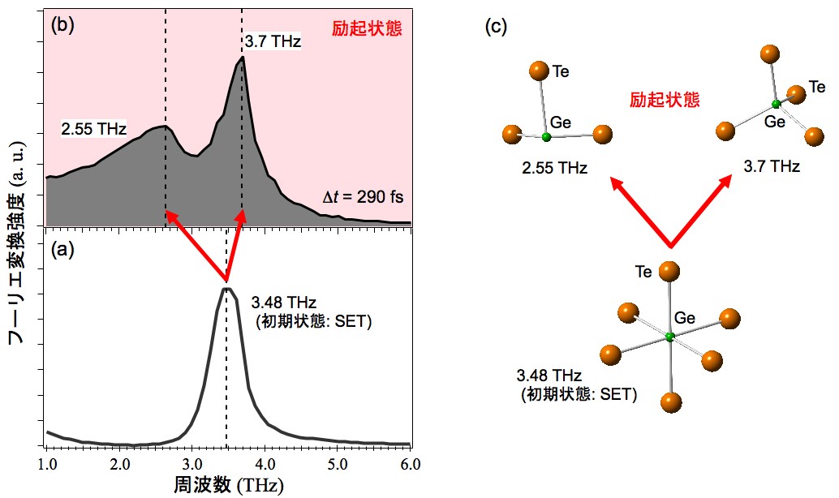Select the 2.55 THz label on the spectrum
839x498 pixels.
coord(94,128)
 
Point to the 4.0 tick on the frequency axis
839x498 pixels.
coord(265,464)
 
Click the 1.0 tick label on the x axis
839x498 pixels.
coord(49,464)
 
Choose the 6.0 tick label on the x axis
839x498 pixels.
coord(409,464)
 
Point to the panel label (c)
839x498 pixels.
coord(496,27)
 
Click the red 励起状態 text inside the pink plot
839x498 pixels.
coord(367,29)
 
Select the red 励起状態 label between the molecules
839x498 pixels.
coord(665,100)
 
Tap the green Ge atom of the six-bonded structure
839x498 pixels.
coord(669,337)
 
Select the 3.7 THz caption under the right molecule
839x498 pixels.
coord(771,167)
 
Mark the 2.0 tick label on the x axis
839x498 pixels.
coord(121,464)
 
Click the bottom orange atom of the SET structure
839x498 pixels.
coord(670,401)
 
